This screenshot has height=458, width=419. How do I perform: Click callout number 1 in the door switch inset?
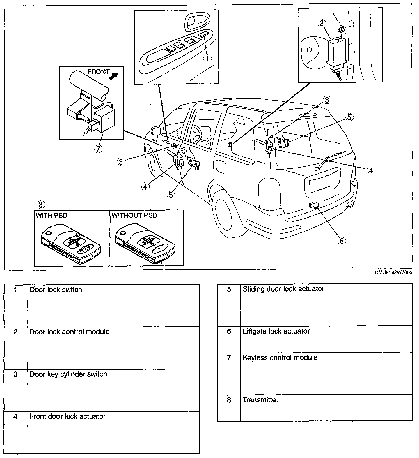click(207, 58)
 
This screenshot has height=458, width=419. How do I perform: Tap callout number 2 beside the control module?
click(322, 23)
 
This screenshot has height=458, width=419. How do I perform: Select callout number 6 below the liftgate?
click(341, 241)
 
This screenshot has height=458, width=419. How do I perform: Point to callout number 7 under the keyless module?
click(98, 149)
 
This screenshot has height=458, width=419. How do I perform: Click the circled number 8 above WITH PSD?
click(40, 205)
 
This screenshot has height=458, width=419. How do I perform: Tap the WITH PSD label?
click(52, 215)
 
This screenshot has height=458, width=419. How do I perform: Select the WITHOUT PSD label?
click(134, 215)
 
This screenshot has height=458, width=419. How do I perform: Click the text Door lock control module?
click(70, 332)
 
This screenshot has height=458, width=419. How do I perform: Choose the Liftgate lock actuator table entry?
click(276, 331)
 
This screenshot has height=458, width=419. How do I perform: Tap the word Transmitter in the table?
click(260, 400)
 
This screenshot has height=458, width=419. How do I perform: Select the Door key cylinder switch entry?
click(68, 374)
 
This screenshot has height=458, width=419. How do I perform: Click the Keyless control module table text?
click(280, 357)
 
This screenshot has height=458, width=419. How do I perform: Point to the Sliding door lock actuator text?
click(283, 289)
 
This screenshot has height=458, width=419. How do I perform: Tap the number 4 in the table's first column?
click(15, 417)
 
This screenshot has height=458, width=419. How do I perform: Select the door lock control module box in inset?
click(337, 52)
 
